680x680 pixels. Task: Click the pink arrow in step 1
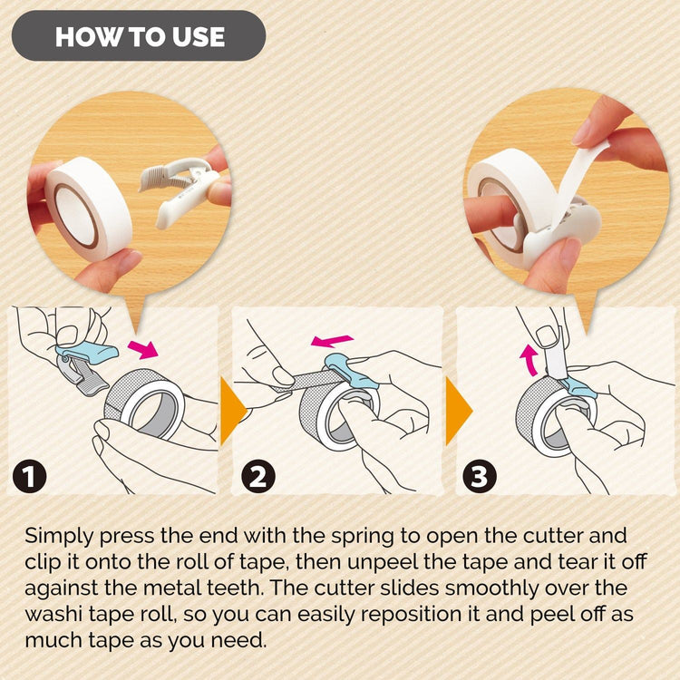coord(141,347)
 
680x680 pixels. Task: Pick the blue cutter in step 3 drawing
coord(577,389)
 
